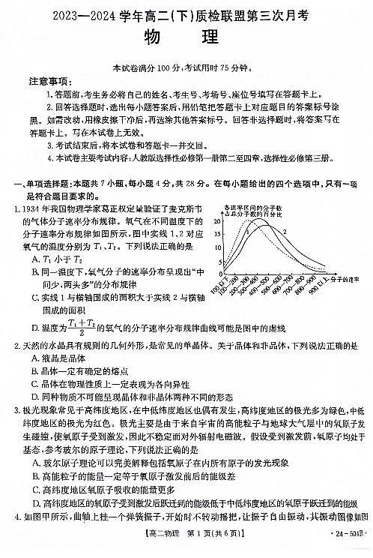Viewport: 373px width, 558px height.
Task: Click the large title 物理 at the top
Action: [186, 37]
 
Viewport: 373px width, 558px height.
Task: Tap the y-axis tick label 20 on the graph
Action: [218, 221]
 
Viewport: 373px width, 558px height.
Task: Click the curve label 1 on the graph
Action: [246, 231]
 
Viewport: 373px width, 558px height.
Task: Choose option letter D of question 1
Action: [35, 327]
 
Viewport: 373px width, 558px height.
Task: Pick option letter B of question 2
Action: [35, 371]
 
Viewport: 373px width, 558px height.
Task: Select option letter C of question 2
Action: [35, 384]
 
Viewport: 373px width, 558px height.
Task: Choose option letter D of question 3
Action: [35, 502]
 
